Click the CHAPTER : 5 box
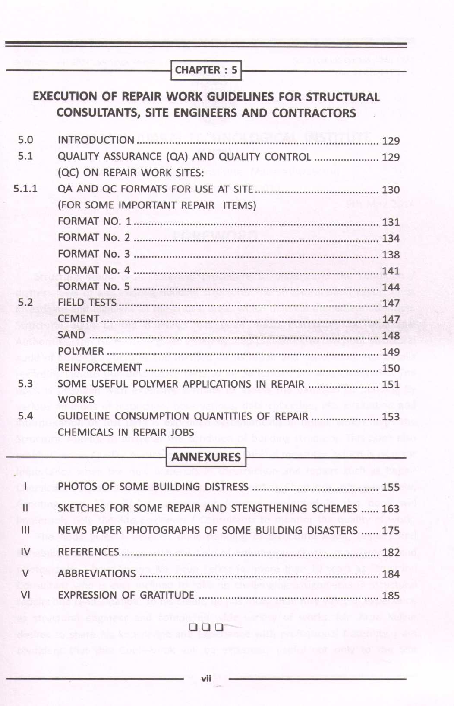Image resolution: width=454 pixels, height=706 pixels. (x=206, y=70)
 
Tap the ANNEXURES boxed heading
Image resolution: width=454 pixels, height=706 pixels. (x=206, y=457)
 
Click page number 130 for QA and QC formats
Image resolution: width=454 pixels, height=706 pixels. (x=391, y=190)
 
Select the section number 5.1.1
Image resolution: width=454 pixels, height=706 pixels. (x=25, y=189)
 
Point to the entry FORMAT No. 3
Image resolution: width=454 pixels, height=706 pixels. (x=94, y=254)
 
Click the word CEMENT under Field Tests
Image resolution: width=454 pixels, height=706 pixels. (x=79, y=318)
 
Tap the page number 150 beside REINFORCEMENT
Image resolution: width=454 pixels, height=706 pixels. (x=391, y=368)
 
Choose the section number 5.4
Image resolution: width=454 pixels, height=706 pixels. (x=25, y=416)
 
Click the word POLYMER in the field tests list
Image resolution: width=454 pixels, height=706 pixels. (x=81, y=351)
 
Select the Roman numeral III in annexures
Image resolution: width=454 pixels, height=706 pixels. (x=25, y=530)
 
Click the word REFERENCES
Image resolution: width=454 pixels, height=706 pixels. (x=88, y=552)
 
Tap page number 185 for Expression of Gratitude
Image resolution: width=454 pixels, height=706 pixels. (x=391, y=596)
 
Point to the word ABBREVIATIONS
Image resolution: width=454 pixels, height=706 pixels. (x=97, y=574)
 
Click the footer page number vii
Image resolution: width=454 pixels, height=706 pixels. (x=206, y=678)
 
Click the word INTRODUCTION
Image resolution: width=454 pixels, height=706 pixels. (x=96, y=140)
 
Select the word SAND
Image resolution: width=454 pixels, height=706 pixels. (x=71, y=335)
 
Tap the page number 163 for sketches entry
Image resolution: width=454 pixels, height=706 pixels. (x=391, y=509)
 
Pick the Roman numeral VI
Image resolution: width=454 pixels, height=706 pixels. (x=25, y=595)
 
